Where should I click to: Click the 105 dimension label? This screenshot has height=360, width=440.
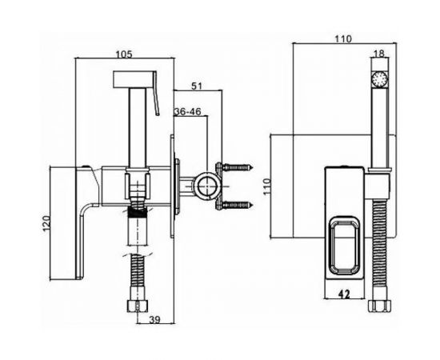pyautogui.click(x=124, y=54)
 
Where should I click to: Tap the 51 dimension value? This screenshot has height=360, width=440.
pyautogui.click(x=197, y=86)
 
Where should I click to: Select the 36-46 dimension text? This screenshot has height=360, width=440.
pyautogui.click(x=187, y=112)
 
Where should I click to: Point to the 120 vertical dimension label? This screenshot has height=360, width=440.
pyautogui.click(x=46, y=223)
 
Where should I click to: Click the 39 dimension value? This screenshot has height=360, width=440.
pyautogui.click(x=154, y=319)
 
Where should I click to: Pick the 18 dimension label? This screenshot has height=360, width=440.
pyautogui.click(x=379, y=54)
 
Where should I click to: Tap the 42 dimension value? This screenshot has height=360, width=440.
pyautogui.click(x=344, y=294)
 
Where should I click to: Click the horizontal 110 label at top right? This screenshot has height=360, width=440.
pyautogui.click(x=343, y=38)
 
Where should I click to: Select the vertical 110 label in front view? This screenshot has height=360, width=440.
pyautogui.click(x=268, y=186)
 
